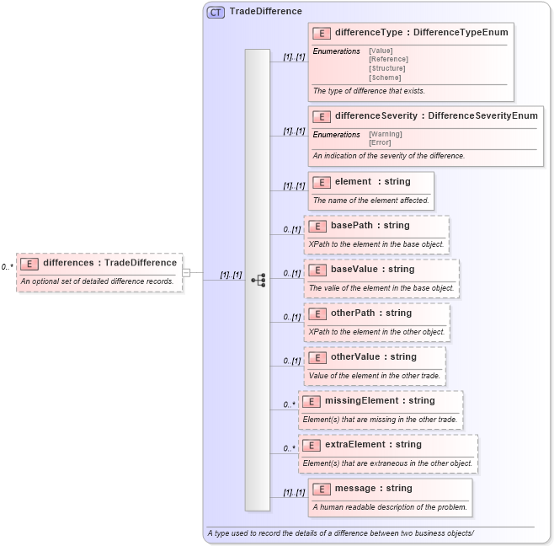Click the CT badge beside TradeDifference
coord(216,13)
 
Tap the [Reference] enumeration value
coord(388,59)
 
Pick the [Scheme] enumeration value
coord(385,78)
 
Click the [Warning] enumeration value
coord(386,134)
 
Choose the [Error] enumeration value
coord(380,142)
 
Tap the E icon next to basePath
coord(317,226)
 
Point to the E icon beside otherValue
coord(317,357)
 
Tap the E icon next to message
coord(322,489)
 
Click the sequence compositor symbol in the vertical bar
coord(258,280)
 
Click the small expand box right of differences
coord(186,272)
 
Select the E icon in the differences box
coord(29,263)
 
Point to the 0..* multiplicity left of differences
coord(7,267)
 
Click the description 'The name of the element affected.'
coord(370,201)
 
